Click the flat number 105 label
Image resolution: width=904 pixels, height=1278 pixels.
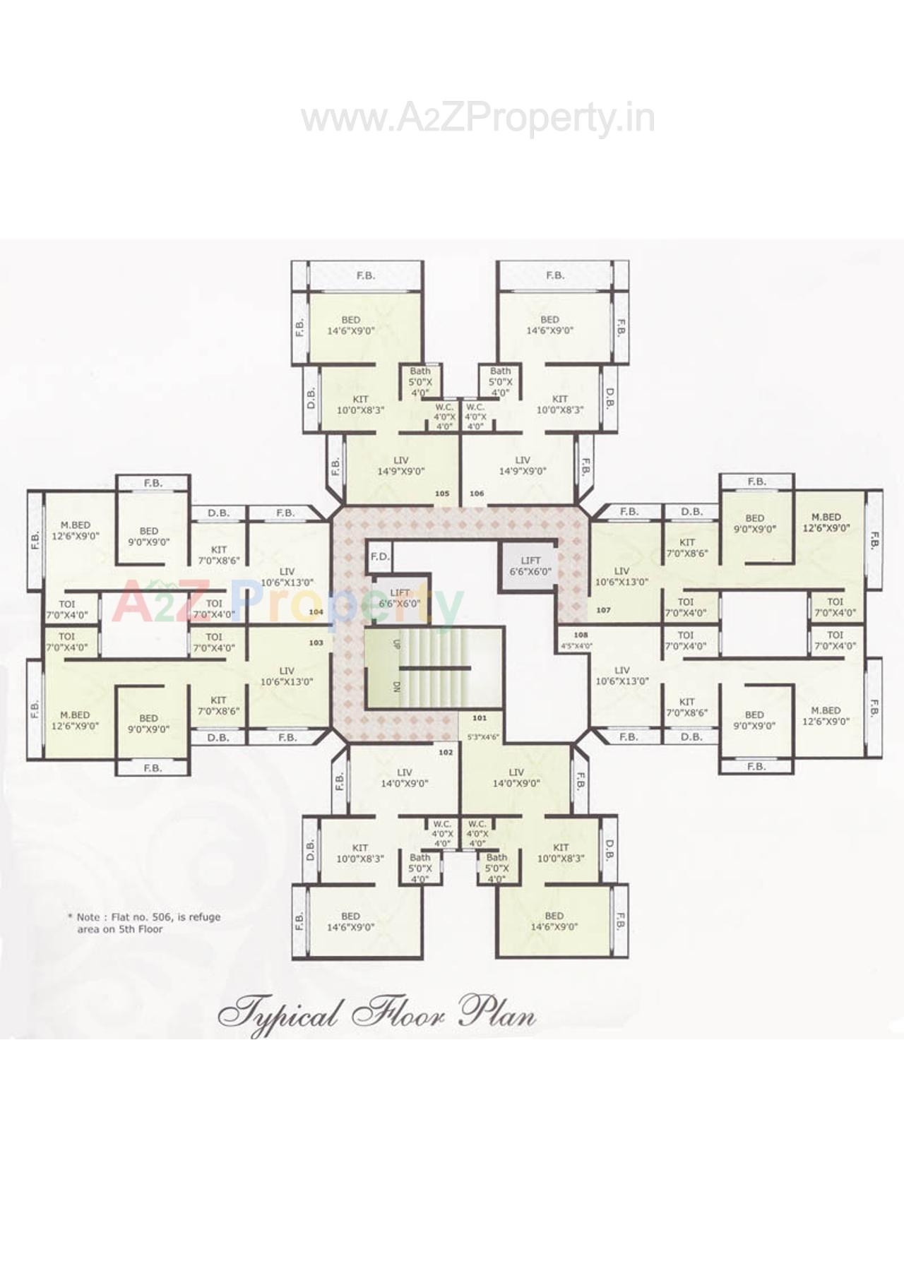tap(442, 494)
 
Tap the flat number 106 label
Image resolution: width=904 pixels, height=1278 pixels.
tap(477, 494)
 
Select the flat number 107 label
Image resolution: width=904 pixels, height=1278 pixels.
tap(603, 610)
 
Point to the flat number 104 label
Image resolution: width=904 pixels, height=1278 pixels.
tap(316, 612)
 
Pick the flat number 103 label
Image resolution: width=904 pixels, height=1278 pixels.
tap(316, 643)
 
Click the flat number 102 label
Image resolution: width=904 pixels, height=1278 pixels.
tap(446, 752)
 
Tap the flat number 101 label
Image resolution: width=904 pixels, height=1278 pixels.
tap(480, 718)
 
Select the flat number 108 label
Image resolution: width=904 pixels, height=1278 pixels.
tap(581, 635)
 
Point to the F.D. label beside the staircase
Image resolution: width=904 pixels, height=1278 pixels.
tap(380, 556)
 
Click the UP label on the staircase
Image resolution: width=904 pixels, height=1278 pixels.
tap(396, 644)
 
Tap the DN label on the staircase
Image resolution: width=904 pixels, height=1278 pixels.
tap(396, 686)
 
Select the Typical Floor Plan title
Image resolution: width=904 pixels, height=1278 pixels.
tap(377, 1015)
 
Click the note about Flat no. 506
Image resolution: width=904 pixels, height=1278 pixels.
tap(145, 923)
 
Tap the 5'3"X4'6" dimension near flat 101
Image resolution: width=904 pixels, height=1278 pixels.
tap(483, 737)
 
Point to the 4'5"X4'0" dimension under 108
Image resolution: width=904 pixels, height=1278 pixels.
tap(576, 645)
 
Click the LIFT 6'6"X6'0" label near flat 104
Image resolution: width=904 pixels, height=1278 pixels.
tap(400, 598)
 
